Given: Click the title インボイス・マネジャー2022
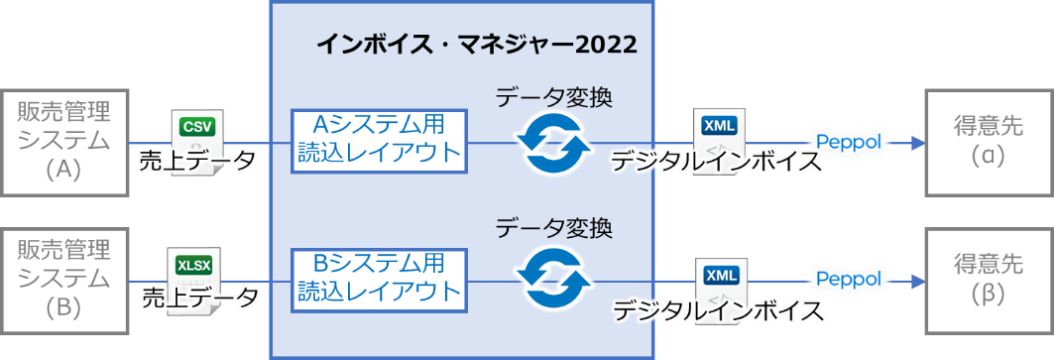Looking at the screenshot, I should click(476, 45).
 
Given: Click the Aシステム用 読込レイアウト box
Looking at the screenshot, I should click(379, 140).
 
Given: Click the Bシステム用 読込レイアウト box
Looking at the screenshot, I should click(379, 279).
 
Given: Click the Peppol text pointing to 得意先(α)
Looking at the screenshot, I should click(848, 142).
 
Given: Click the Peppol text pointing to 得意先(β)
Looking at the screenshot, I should click(848, 280).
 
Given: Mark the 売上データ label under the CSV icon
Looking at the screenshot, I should click(197, 161).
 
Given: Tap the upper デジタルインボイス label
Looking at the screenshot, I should click(716, 162).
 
